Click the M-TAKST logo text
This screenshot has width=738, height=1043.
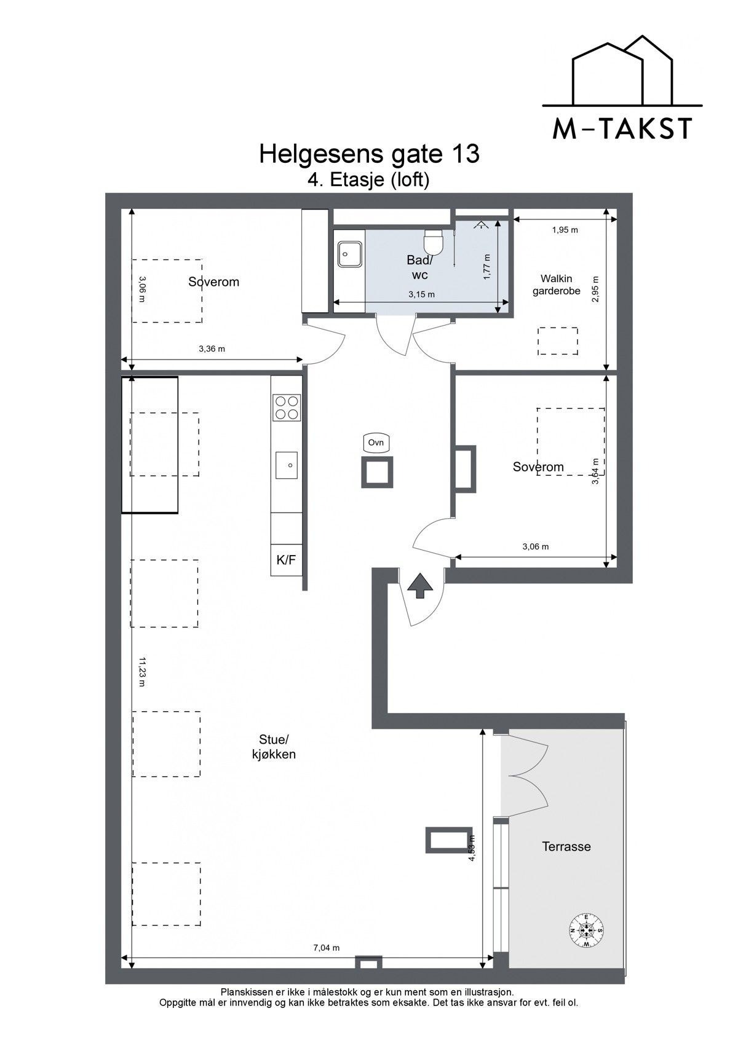coord(622,128)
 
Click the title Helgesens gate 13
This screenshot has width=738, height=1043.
coord(369,154)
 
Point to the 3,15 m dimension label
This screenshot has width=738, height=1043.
coord(421,294)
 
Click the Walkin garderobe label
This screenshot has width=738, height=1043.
coord(557,285)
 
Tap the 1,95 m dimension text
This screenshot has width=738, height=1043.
coord(565,230)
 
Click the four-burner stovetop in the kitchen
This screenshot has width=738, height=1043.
coord(287,407)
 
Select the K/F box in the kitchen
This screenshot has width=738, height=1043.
coord(287,560)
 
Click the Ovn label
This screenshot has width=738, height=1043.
coord(376,443)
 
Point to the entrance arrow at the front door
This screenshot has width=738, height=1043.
coord(420,585)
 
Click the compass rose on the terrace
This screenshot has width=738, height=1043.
coord(587,931)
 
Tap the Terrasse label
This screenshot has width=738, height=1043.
coord(566,846)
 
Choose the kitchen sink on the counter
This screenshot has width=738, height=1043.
coord(287,465)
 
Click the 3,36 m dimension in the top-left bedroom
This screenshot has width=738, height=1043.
coord(212,348)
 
